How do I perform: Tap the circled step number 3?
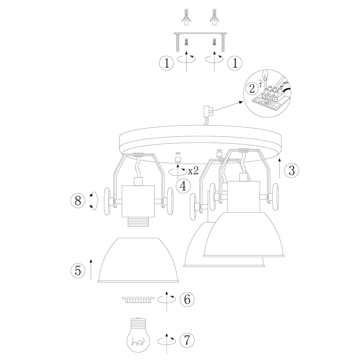coord(291,170)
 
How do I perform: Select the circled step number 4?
coord(183,185)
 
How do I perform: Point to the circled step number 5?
coord(78,271)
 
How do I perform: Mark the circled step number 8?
coord(78,201)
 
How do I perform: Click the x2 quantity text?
coord(193,171)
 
